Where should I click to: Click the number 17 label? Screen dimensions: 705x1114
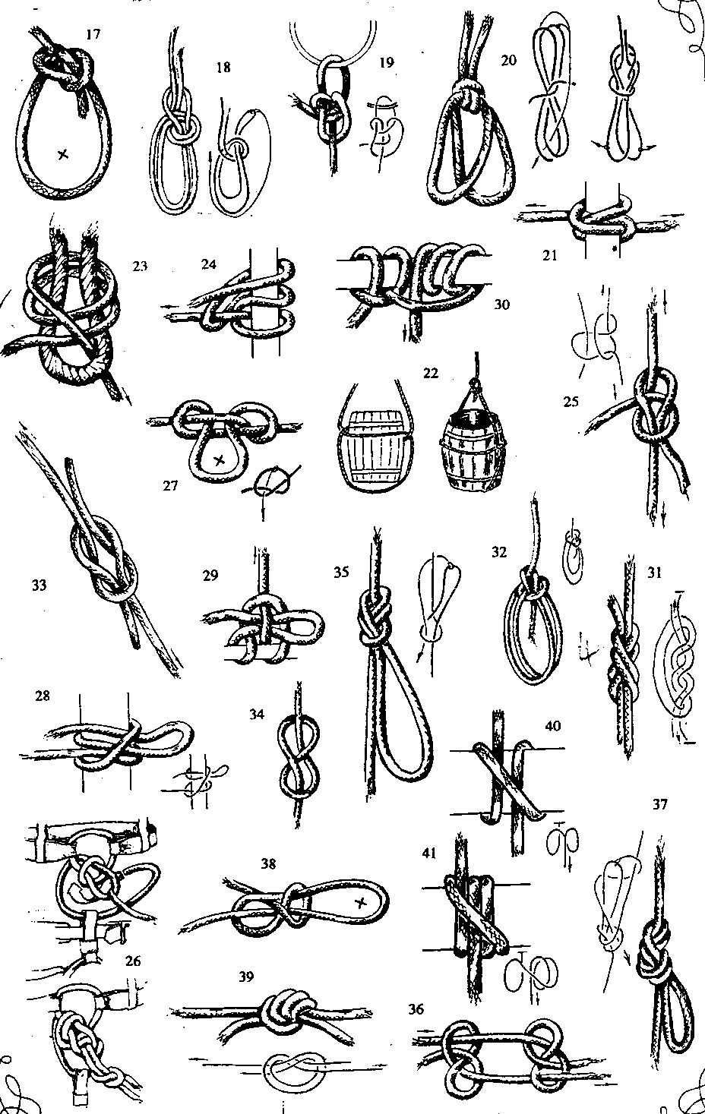(93, 34)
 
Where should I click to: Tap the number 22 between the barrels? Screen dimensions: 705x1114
(430, 373)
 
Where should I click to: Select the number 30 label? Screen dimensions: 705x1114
(501, 304)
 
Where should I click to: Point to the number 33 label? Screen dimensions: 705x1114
(40, 585)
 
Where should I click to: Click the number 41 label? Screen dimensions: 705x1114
(429, 853)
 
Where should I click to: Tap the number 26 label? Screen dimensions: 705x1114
(133, 961)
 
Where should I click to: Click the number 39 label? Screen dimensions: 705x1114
(246, 977)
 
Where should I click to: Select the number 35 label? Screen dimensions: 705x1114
(341, 573)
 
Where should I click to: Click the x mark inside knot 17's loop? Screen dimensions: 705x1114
(62, 154)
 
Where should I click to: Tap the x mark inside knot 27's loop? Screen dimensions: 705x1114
(220, 460)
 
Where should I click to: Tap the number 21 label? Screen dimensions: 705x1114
(550, 256)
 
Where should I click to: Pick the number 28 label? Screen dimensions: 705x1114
(43, 696)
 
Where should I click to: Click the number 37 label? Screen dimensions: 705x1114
(659, 804)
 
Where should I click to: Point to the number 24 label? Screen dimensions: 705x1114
(209, 264)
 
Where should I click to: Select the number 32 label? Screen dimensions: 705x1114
(498, 553)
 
